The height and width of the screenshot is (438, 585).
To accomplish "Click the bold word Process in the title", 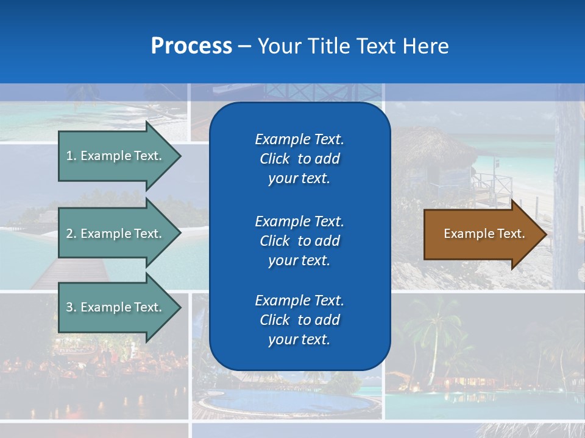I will [191, 46].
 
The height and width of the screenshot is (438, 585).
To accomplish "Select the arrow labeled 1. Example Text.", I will [116, 156].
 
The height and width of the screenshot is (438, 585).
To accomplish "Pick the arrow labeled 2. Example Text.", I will [116, 234].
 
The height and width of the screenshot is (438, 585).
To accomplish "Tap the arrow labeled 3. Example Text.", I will [116, 307].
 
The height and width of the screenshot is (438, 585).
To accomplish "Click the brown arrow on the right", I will [481, 234].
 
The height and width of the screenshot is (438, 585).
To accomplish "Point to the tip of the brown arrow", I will [545, 234].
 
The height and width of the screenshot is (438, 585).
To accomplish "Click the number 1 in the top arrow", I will [69, 156].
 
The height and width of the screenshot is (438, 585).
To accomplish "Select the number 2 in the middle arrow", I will [69, 234].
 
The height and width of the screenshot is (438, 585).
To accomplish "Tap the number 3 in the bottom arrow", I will [69, 307].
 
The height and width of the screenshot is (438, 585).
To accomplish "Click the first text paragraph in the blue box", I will [299, 159].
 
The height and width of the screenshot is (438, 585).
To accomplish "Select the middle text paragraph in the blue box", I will [299, 241].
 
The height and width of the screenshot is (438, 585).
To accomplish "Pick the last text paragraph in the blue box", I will [299, 320].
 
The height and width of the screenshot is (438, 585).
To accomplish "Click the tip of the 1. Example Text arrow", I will [180, 156].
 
